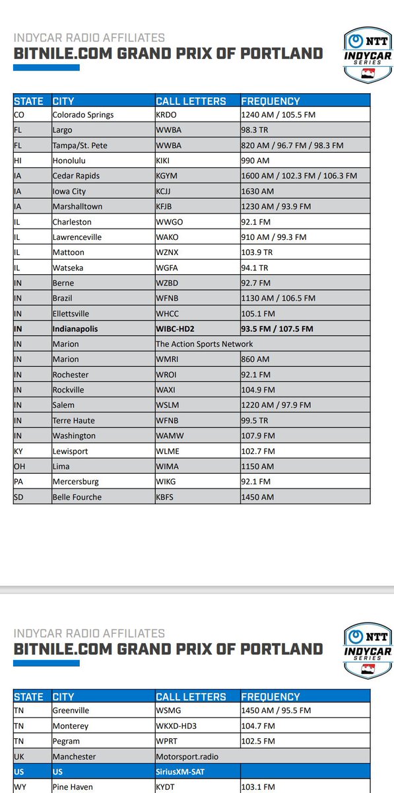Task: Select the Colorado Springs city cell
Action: pyautogui.click(x=83, y=115)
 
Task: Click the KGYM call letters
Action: pyautogui.click(x=169, y=176)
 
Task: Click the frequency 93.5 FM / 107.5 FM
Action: pyautogui.click(x=277, y=328)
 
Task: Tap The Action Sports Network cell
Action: pyautogui.click(x=205, y=344)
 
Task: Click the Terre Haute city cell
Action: pyautogui.click(x=74, y=420)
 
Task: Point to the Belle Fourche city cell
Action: pyautogui.click(x=77, y=497)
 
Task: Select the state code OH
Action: pyautogui.click(x=19, y=466)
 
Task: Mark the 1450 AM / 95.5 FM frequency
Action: pyautogui.click(x=276, y=710)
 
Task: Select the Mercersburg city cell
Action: pyautogui.click(x=77, y=481)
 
